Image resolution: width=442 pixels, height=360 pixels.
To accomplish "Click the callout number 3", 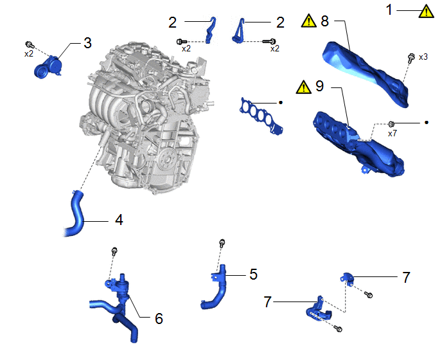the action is [x=87, y=43].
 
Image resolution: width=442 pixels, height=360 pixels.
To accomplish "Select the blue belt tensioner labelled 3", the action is [x=48, y=67].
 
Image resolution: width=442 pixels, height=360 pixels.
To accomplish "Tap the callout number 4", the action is [x=119, y=220].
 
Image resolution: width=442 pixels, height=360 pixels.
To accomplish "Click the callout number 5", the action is [x=253, y=274].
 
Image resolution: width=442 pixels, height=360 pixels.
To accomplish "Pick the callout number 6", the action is [x=159, y=318].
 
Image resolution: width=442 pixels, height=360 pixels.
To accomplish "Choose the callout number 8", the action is [x=324, y=21].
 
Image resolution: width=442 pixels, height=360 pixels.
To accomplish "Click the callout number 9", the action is [x=320, y=85].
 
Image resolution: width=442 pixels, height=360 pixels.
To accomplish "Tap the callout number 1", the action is [x=389, y=10].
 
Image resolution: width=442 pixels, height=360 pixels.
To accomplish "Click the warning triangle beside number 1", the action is [x=426, y=12].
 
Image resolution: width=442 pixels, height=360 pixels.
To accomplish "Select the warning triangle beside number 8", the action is [x=309, y=21].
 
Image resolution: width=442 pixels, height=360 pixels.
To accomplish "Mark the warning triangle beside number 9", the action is [x=304, y=87].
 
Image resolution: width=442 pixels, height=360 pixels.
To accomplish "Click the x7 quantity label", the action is [x=392, y=133].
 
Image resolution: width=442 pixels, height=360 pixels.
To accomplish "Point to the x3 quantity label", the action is [x=423, y=57].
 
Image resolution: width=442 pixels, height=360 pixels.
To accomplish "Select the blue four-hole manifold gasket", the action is [x=261, y=115].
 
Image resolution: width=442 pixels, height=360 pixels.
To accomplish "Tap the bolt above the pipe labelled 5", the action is [x=222, y=243].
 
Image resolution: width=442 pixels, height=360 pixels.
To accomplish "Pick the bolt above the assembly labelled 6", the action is [x=114, y=251].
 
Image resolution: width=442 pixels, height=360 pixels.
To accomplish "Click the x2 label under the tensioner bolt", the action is [x=29, y=53].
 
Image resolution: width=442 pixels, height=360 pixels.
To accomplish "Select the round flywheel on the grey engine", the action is [x=168, y=159].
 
